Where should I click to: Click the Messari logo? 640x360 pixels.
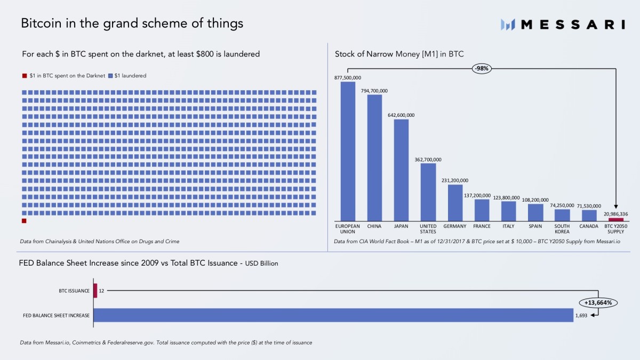click(x=563, y=24)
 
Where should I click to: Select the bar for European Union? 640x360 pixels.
click(x=348, y=151)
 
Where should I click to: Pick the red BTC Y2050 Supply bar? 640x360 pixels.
click(x=616, y=219)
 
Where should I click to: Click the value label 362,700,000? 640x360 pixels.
click(x=428, y=159)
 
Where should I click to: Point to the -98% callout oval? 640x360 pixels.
click(x=482, y=68)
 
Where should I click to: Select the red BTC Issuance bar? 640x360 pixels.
click(x=95, y=291)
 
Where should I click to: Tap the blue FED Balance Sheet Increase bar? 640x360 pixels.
click(x=333, y=315)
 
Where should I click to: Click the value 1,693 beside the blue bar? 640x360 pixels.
click(x=581, y=315)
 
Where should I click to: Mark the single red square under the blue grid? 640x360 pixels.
click(x=24, y=221)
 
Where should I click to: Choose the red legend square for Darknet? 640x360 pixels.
click(x=25, y=76)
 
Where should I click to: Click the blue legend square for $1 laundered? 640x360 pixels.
click(x=110, y=76)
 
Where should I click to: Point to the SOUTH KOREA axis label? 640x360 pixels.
click(x=562, y=229)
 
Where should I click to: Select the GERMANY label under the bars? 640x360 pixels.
click(x=454, y=226)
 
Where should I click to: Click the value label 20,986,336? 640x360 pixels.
click(x=615, y=214)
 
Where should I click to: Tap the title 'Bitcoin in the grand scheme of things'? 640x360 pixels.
click(x=132, y=23)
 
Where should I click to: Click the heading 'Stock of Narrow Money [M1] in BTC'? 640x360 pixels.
click(x=399, y=54)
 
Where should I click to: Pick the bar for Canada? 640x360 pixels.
click(x=589, y=215)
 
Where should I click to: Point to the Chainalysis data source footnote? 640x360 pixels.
click(x=99, y=242)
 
